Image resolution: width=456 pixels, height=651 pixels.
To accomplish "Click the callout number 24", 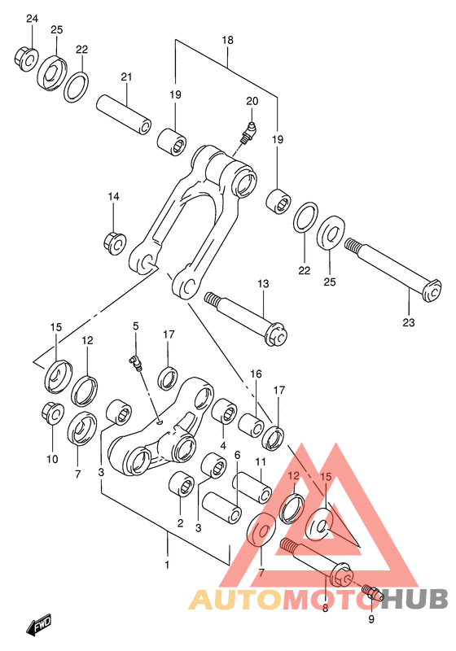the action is click(32, 19).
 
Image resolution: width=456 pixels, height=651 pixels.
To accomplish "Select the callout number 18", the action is click(227, 40).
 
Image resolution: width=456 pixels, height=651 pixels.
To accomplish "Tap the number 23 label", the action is click(409, 322).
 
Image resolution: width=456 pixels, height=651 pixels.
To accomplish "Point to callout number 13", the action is click(263, 284).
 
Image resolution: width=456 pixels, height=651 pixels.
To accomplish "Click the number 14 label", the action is click(113, 196).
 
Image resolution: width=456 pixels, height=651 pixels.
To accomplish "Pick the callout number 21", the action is click(126, 76).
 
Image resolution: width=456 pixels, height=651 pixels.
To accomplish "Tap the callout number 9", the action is click(370, 620).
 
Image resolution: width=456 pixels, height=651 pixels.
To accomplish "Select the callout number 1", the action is click(167, 565).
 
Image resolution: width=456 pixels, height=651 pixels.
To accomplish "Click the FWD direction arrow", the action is click(39, 623).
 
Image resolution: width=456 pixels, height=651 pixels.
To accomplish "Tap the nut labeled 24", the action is click(27, 59).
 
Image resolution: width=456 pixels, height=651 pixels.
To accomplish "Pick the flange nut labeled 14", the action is click(115, 243).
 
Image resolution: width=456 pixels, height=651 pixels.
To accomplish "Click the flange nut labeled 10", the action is click(53, 413).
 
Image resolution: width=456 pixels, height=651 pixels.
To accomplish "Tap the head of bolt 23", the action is click(432, 291).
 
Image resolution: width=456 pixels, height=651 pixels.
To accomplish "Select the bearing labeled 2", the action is click(182, 483).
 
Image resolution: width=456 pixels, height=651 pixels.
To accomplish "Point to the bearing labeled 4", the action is click(224, 411).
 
